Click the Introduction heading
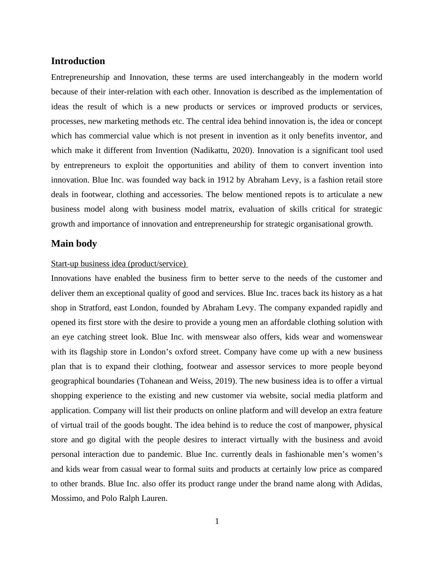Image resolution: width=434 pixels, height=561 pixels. [x=78, y=61]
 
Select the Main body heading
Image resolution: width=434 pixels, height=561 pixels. [x=74, y=243]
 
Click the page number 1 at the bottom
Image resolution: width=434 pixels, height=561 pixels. [x=217, y=521]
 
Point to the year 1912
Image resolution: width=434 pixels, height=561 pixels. [x=225, y=180]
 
